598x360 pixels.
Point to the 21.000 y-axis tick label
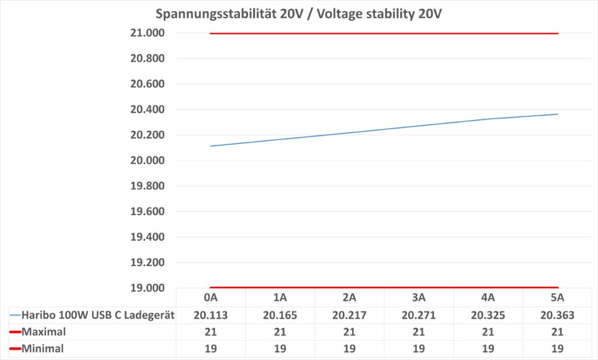coord(147,33)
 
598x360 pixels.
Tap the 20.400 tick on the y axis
coord(147,110)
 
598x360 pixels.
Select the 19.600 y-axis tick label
coord(147,212)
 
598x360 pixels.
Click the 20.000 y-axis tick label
coord(147,161)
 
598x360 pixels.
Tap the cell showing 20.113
coord(211,315)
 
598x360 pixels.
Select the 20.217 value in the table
coord(350,315)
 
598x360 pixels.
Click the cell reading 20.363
coord(558,315)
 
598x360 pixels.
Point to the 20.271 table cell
coord(419,315)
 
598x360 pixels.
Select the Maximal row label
coord(43,332)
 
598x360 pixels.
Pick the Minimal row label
coord(42,349)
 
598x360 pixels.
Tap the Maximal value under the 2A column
coord(350,332)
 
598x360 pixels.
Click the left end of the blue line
coord(211,146)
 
